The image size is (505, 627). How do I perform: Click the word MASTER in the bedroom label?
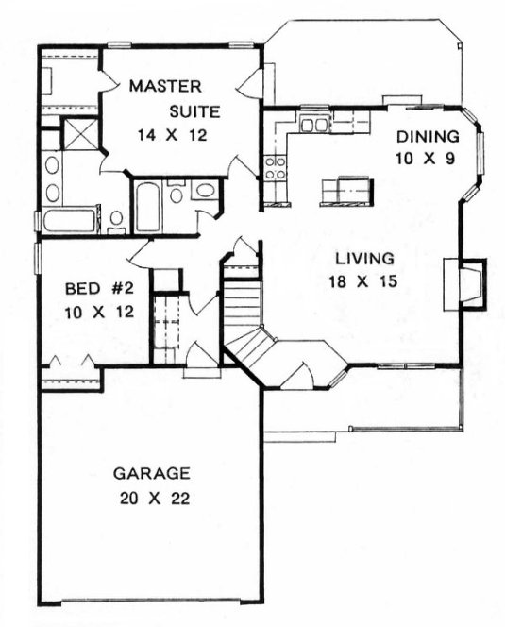tap(162, 87)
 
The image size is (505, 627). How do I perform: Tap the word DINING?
tap(428, 135)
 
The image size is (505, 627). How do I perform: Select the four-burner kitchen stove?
tap(276, 169)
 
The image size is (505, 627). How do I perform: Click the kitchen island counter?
tap(343, 189)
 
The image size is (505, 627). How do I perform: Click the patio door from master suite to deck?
tap(253, 82)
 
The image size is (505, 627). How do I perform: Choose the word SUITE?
tap(195, 111)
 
